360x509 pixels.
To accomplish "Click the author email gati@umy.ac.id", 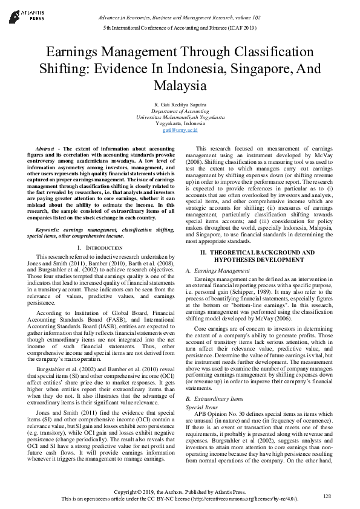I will tap(180, 130).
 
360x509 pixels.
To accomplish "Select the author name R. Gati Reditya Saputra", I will tap(180, 106).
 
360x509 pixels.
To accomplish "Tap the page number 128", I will tap(327, 496).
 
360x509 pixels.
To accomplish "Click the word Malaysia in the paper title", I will tap(180, 85).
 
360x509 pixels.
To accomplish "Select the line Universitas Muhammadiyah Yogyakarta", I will tap(180, 118).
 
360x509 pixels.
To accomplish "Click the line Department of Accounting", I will tap(180, 112).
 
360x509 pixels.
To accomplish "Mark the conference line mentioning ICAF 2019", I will tap(180, 28).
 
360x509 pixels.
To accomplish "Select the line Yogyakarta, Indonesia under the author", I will tap(180, 124).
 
